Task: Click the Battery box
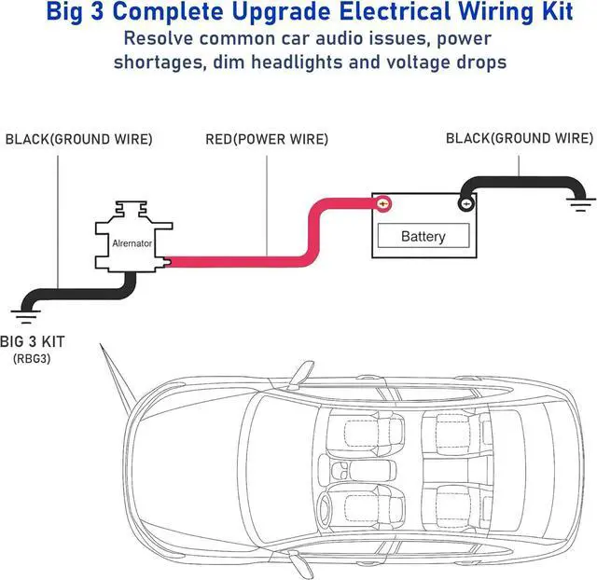tap(423, 235)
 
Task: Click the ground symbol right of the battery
tap(583, 200)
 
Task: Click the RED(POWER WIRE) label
tap(267, 140)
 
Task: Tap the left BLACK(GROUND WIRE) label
tap(78, 140)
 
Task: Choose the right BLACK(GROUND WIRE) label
tap(519, 138)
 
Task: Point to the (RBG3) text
tap(32, 358)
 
